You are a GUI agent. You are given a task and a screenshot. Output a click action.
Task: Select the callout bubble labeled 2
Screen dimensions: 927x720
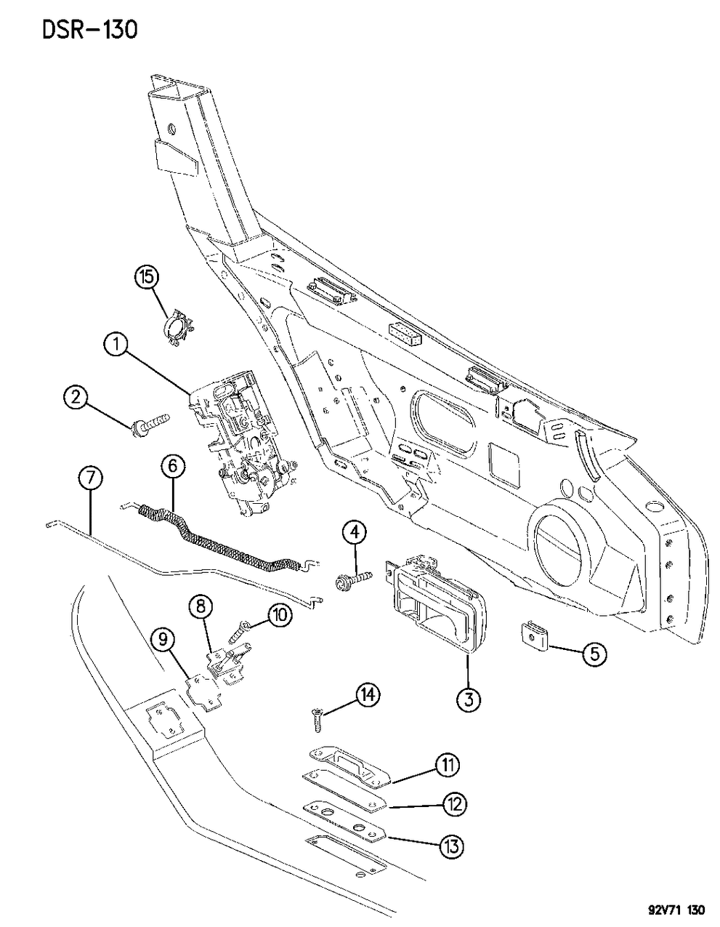(x=76, y=397)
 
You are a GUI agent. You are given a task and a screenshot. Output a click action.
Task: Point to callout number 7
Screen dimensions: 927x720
(x=90, y=478)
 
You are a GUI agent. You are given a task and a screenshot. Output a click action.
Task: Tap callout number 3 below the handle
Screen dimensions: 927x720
(x=468, y=699)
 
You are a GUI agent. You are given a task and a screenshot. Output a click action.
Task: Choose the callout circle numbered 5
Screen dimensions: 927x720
(x=594, y=654)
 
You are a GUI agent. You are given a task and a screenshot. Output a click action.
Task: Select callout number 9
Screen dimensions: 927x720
(x=163, y=640)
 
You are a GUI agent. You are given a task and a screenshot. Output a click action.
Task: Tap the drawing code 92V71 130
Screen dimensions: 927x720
(x=672, y=910)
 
